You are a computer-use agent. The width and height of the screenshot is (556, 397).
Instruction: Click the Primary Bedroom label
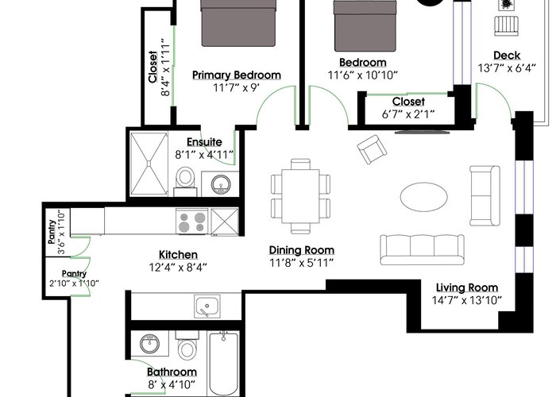(x=237, y=75)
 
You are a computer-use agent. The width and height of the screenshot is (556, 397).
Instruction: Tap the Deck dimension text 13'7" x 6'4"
(x=507, y=67)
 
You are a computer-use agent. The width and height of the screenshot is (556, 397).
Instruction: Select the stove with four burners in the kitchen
(x=192, y=222)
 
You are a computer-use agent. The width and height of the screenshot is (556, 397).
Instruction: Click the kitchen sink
(x=207, y=306)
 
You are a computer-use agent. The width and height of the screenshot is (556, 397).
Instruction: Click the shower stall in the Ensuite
(x=149, y=164)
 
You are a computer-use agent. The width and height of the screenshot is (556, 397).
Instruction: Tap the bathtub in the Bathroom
(x=223, y=364)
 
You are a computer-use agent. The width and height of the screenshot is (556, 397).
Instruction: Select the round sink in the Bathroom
(x=149, y=344)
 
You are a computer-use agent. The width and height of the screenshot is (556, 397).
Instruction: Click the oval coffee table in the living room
(x=423, y=197)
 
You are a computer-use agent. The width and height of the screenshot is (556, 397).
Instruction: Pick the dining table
(x=301, y=196)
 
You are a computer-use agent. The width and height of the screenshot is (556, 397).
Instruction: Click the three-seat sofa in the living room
(x=422, y=249)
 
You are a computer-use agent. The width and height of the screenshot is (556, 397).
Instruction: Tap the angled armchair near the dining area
(x=372, y=149)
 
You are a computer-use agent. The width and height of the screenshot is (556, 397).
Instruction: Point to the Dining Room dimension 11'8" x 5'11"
(x=301, y=263)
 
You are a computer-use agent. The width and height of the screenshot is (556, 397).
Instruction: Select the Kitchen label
(x=178, y=255)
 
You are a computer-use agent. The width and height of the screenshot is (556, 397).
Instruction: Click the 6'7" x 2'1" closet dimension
(x=408, y=114)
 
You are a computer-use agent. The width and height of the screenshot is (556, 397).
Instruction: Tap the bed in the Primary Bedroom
(x=238, y=23)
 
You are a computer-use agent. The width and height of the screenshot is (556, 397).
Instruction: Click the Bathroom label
(x=172, y=372)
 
